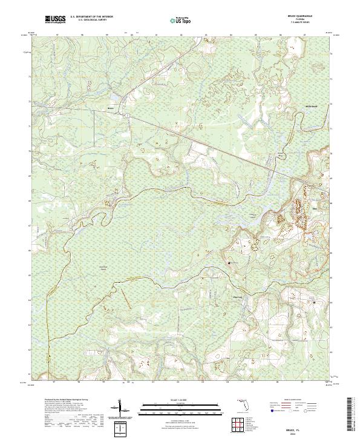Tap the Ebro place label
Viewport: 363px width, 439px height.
click(x=314, y=208)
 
